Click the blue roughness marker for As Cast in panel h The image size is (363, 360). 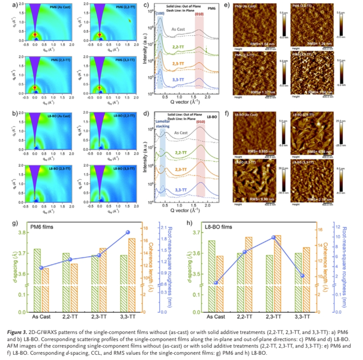point(216,283)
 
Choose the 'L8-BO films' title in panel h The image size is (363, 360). point(212,226)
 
